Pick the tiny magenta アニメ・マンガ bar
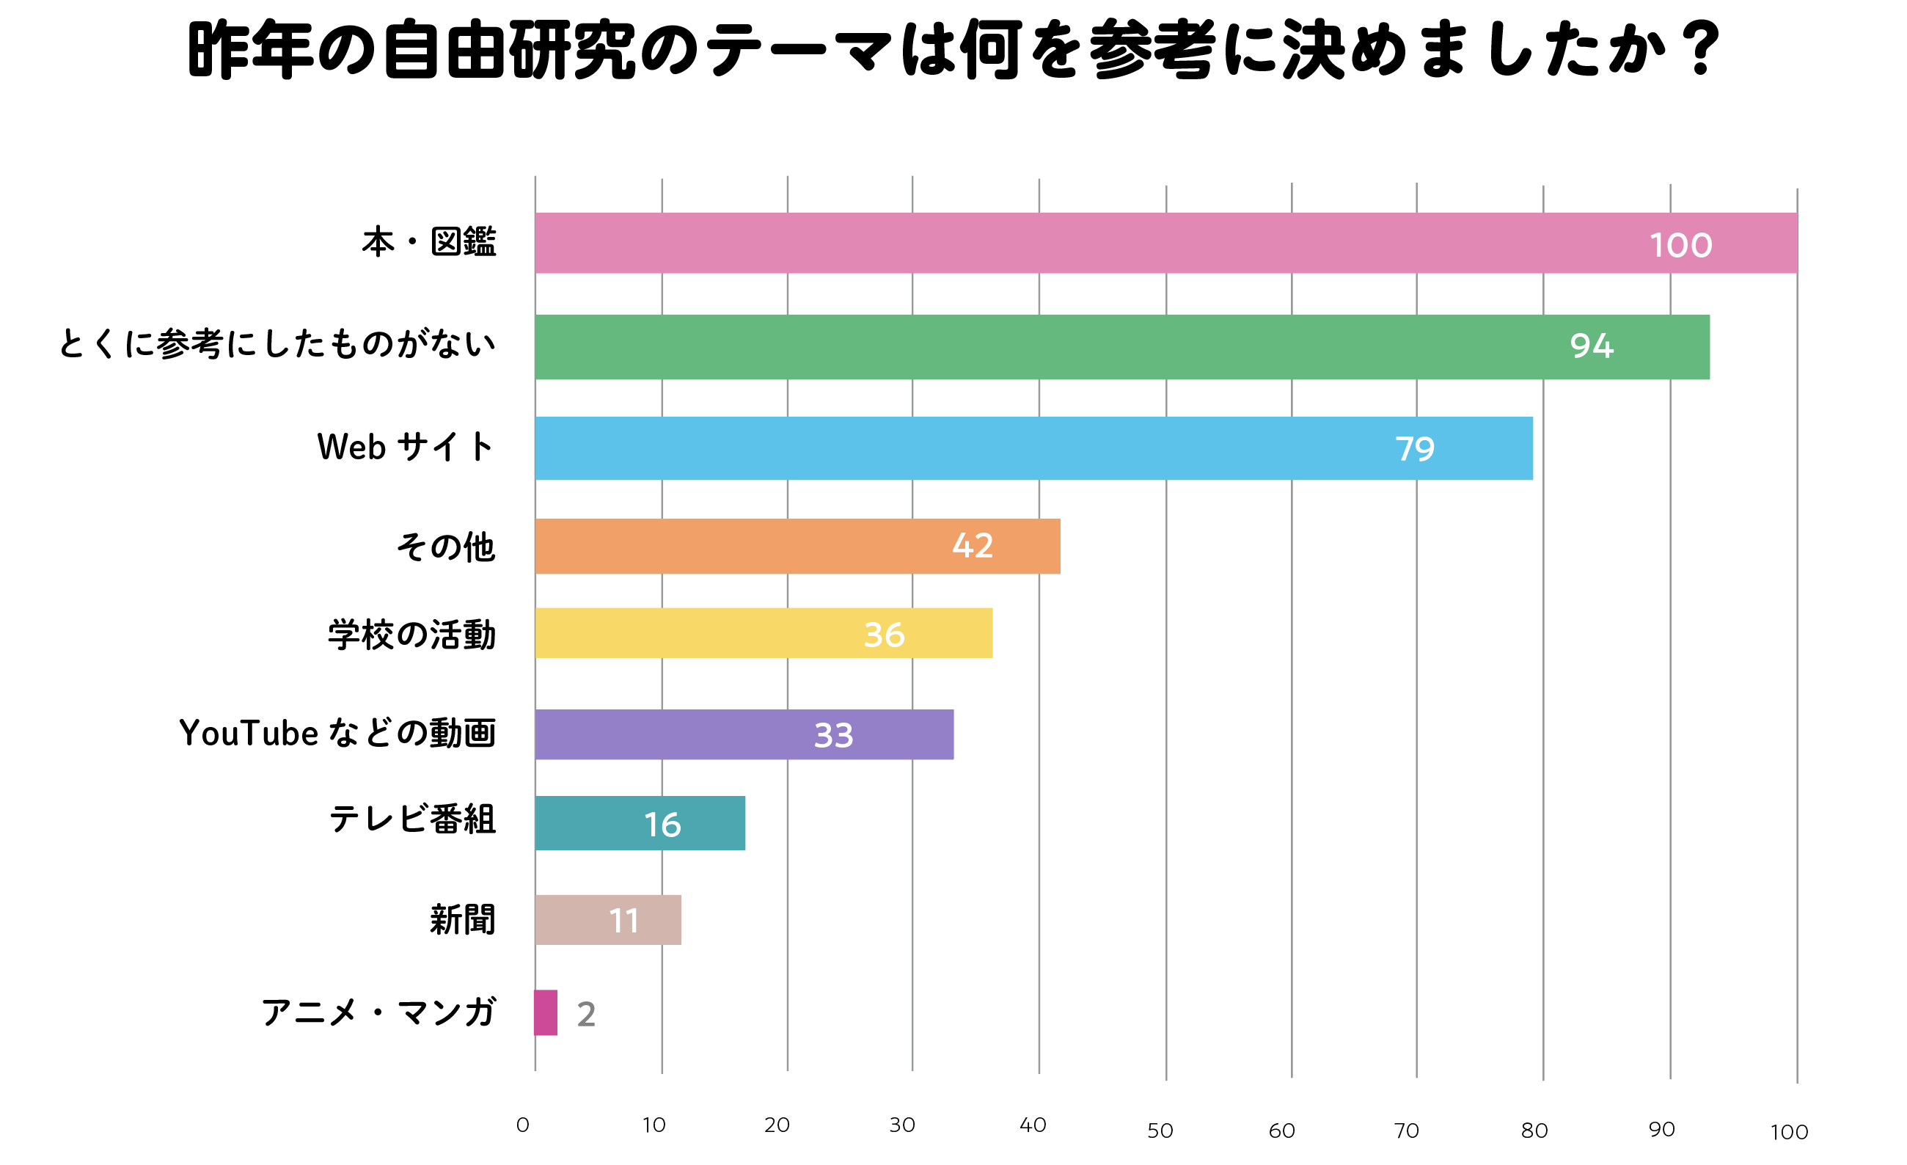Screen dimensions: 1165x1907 click(546, 1012)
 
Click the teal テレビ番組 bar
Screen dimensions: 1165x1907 click(604, 823)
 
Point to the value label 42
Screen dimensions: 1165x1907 click(972, 546)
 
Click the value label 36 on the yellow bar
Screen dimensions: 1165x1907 click(884, 635)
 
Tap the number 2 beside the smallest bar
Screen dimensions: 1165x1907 click(586, 1014)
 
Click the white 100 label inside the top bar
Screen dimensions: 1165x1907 click(1680, 245)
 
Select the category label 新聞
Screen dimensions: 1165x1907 click(462, 920)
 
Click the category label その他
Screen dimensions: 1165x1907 click(446, 547)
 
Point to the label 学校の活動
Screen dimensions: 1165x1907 click(411, 635)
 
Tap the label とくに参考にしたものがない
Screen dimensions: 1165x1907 click(277, 343)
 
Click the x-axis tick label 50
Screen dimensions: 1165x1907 click(1160, 1131)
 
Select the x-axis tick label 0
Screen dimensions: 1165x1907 click(522, 1125)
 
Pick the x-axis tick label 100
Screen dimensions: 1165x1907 click(1789, 1133)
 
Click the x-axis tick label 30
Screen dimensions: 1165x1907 click(901, 1125)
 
